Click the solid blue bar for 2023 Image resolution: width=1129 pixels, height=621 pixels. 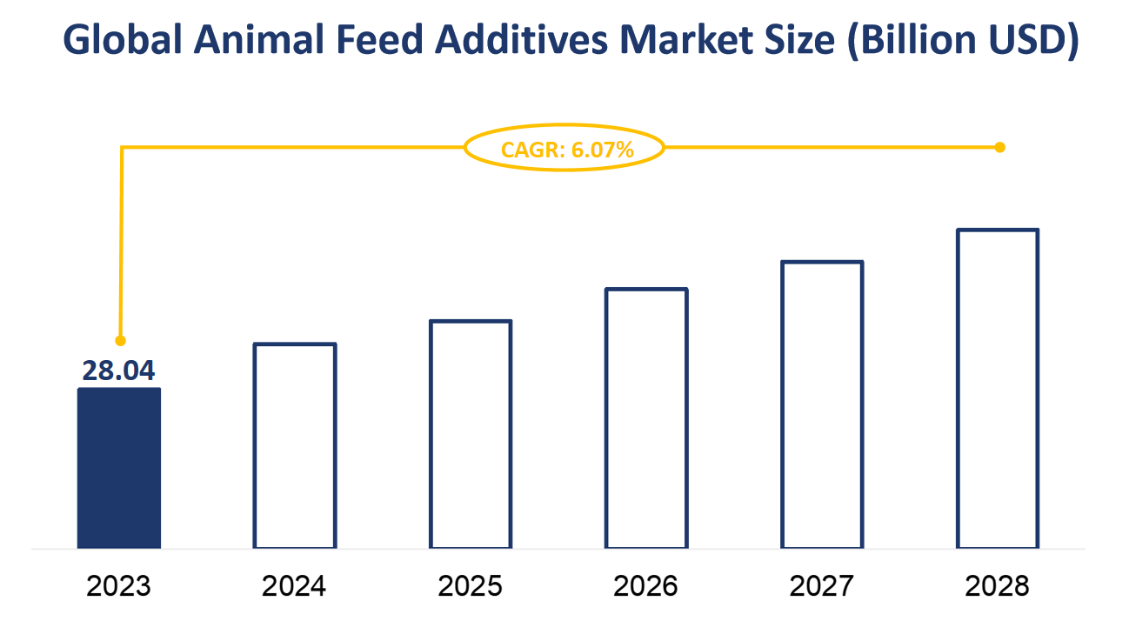click(x=119, y=468)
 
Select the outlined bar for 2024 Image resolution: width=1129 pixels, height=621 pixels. click(x=295, y=446)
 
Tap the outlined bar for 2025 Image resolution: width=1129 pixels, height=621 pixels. click(x=471, y=435)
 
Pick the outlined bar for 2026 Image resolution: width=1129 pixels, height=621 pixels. click(x=646, y=418)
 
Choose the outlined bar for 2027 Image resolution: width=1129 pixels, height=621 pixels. click(x=822, y=405)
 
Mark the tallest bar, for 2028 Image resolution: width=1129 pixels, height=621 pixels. click(x=998, y=389)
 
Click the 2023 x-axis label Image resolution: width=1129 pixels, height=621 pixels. click(x=119, y=585)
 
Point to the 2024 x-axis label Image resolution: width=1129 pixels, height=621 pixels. click(x=295, y=585)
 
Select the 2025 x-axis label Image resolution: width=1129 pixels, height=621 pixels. click(x=471, y=585)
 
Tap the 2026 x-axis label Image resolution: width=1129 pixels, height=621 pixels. click(x=646, y=585)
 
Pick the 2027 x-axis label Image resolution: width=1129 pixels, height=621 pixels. click(x=822, y=585)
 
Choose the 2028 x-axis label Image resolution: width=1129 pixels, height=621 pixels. click(x=998, y=585)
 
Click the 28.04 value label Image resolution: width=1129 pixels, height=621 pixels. click(x=119, y=370)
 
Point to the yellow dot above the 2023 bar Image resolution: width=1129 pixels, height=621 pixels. click(x=121, y=340)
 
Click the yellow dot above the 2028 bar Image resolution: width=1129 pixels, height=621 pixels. click(x=999, y=147)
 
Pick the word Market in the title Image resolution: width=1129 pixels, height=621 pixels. click(x=687, y=40)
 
